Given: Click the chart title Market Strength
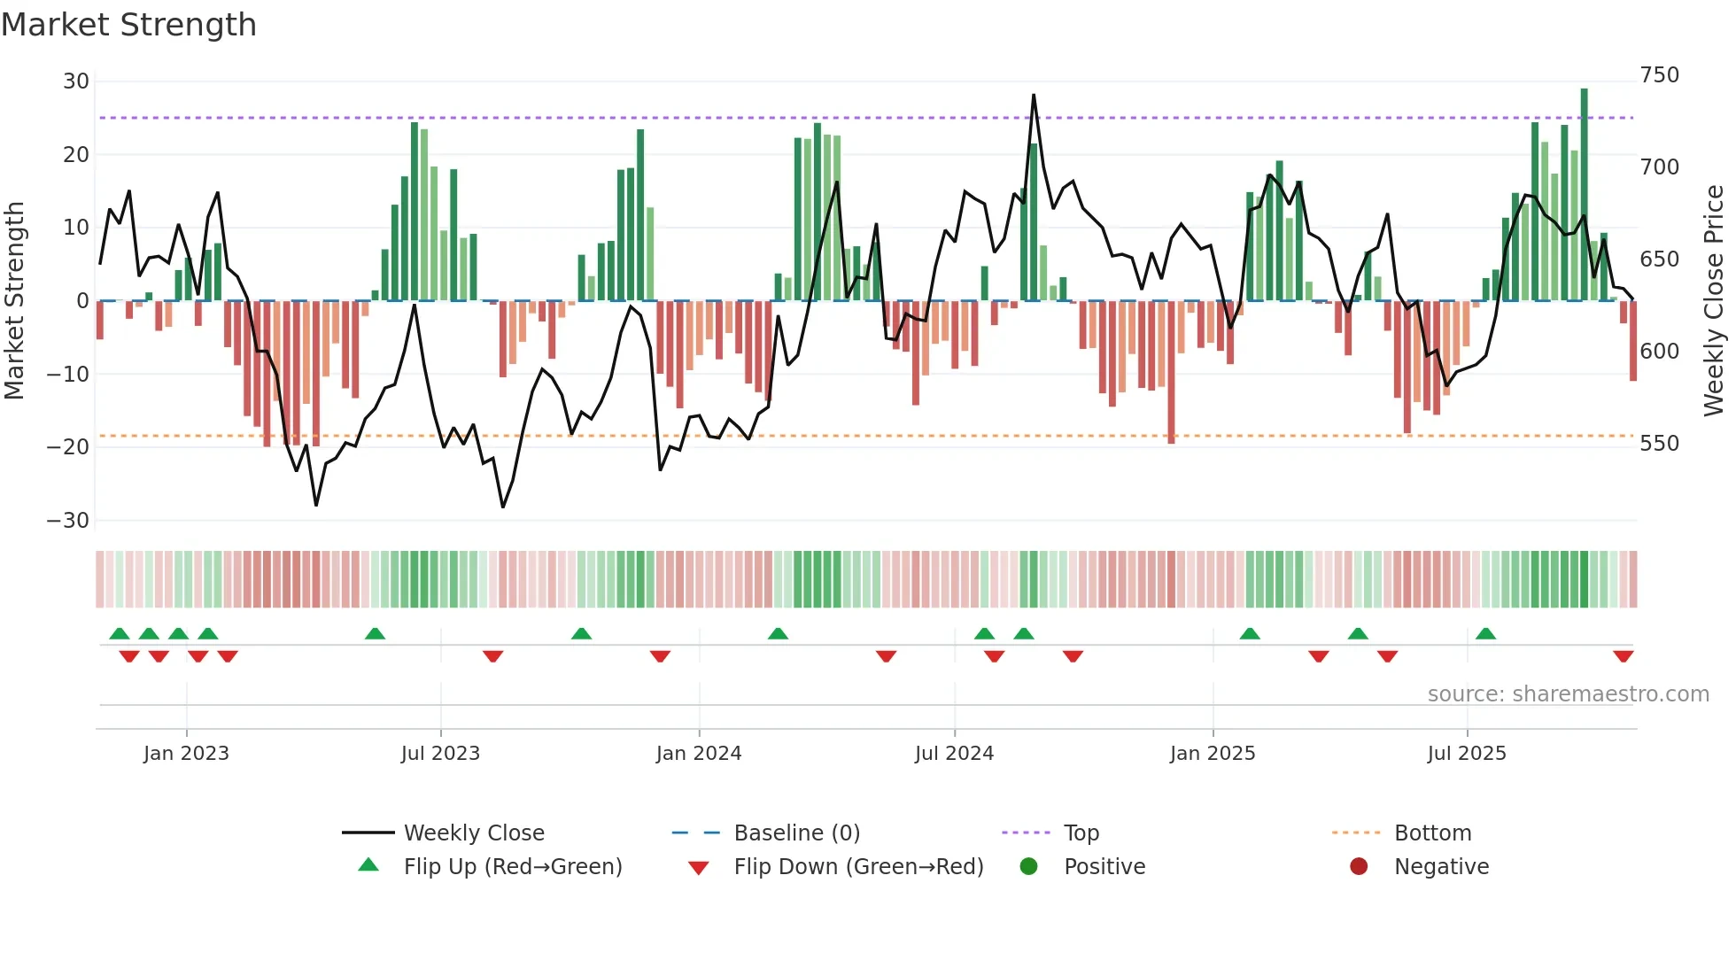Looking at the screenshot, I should click(x=129, y=25).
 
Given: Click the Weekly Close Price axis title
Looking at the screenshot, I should click(x=1715, y=301).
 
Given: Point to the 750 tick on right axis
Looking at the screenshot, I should click(x=1659, y=75).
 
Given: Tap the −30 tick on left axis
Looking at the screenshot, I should click(x=68, y=521).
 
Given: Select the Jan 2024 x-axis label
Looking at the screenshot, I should click(x=699, y=754).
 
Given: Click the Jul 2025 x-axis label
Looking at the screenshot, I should click(x=1467, y=754).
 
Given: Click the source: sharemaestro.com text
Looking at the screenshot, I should click(x=1568, y=694).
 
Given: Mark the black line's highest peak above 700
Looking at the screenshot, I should click(x=1034, y=95).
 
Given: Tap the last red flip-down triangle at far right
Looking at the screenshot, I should click(x=1624, y=656).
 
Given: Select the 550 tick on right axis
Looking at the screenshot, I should click(x=1659, y=444).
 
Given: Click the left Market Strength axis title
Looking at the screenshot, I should click(x=15, y=301).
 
